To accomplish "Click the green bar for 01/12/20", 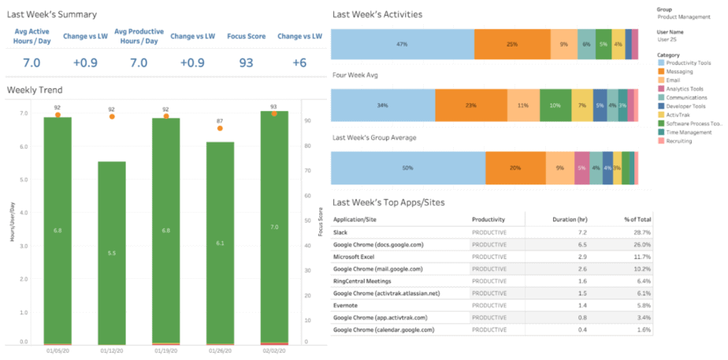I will [112, 252].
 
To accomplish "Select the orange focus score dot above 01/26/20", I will [220, 128].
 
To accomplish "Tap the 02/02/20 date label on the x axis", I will [273, 352].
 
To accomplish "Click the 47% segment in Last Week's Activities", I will [402, 44].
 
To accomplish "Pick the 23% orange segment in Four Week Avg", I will [471, 105].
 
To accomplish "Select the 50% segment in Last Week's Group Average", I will [407, 168].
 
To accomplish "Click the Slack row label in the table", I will [342, 232].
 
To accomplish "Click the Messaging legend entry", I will [679, 71].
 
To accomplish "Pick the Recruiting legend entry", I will [679, 140].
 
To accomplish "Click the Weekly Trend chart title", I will [35, 90].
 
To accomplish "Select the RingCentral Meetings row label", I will [367, 280].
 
